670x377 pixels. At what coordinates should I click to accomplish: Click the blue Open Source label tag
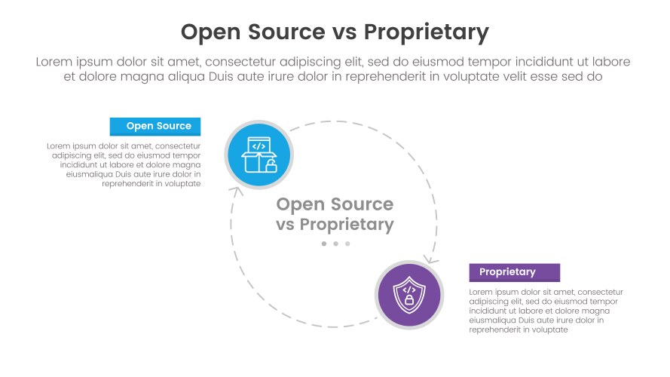point(155,126)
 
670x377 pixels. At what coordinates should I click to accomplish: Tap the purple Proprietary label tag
point(514,272)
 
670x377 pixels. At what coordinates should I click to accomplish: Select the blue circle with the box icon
point(259,155)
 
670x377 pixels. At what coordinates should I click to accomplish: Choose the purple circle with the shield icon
point(408,295)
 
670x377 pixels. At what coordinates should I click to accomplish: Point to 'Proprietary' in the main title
point(427,32)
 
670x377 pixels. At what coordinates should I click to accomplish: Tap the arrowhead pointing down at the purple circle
point(430,259)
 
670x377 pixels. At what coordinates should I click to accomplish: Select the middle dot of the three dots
point(335,244)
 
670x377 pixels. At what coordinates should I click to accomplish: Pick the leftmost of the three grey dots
point(324,244)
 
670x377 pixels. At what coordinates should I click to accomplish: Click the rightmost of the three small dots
point(347,244)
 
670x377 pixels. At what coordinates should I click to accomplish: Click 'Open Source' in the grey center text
point(335,204)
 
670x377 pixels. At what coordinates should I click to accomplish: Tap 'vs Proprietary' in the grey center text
point(335,224)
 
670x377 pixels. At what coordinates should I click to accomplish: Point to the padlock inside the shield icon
point(409,300)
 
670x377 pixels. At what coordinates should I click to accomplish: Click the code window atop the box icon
point(259,146)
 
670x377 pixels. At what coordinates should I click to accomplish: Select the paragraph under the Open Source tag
point(124,164)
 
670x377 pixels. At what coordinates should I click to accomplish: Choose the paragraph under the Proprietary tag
point(546,311)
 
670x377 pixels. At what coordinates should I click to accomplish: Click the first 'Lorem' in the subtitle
point(54,62)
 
